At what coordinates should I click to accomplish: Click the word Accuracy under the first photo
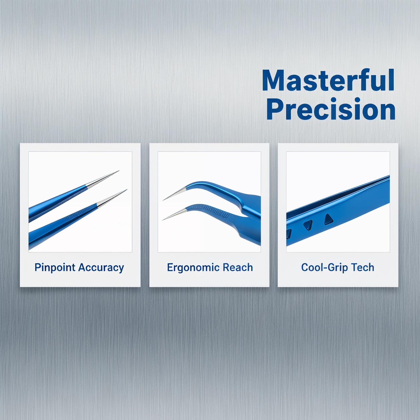[101, 268]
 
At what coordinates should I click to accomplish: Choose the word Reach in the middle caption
[234, 267]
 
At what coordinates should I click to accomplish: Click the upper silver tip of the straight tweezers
[119, 171]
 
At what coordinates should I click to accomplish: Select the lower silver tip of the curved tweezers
[163, 220]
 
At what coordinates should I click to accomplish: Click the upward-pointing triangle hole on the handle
[328, 219]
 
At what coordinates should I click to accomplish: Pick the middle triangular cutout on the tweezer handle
[308, 225]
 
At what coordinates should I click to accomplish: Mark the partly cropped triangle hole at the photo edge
[289, 232]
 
